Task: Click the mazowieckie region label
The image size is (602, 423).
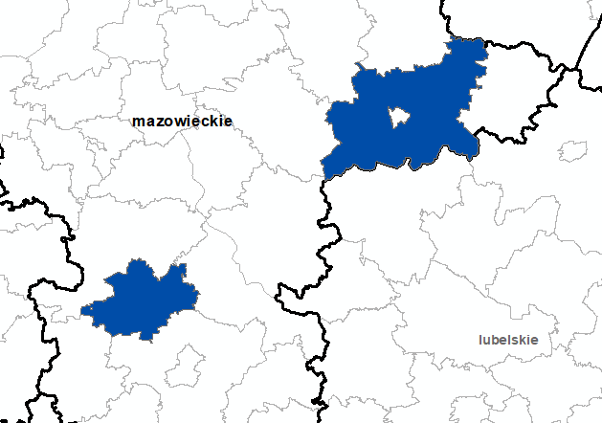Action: (182, 122)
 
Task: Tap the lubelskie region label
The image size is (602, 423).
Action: (509, 340)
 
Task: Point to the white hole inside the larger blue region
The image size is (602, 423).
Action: (397, 119)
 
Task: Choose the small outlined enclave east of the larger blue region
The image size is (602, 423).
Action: (572, 150)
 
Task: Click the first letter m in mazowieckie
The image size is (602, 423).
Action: (140, 122)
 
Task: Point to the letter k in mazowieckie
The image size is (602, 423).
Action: (214, 122)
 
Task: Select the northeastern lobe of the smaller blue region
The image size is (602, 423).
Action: (180, 273)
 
